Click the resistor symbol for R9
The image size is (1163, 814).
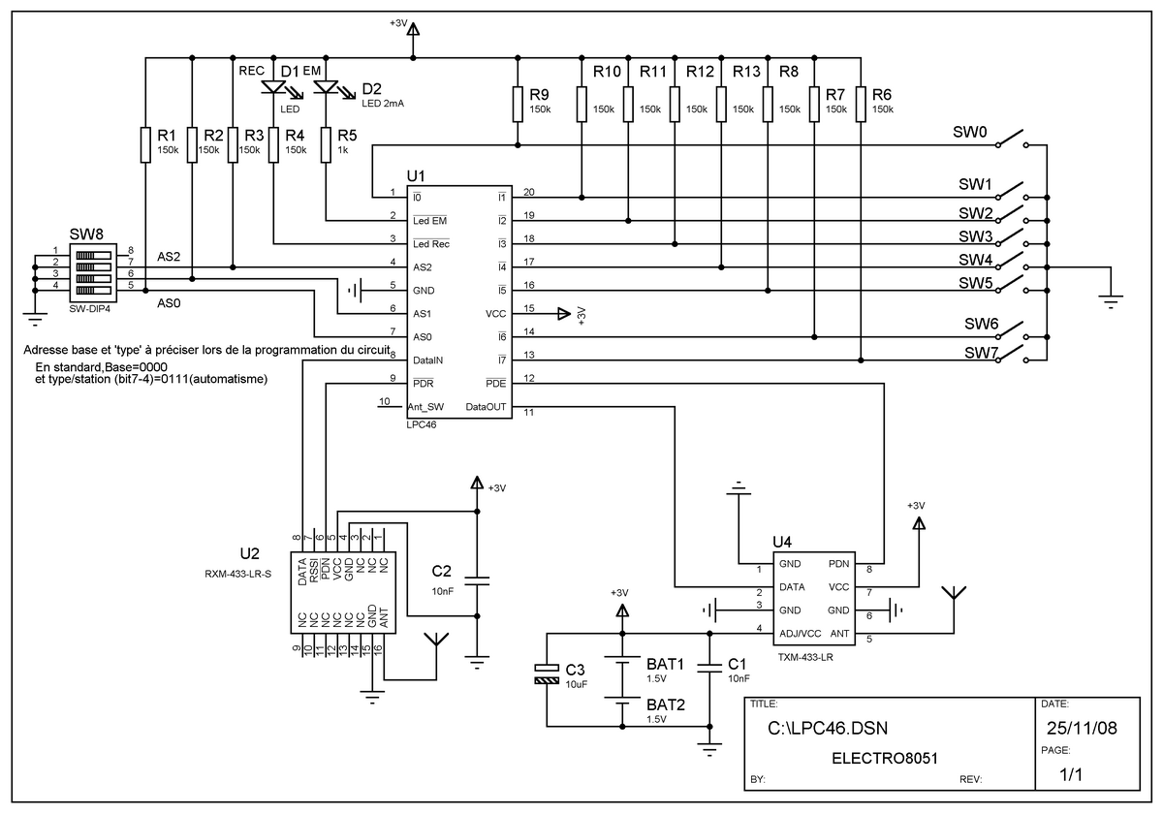[x=518, y=105]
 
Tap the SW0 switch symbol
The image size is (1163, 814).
[x=1012, y=140]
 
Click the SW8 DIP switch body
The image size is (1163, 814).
[x=93, y=272]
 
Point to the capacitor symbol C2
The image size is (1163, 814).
[x=477, y=580]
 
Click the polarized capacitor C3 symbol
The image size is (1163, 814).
[x=547, y=673]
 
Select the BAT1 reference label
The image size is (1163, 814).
[x=665, y=664]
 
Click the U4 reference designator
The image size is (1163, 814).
[x=782, y=543]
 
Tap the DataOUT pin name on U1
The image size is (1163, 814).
[x=486, y=407]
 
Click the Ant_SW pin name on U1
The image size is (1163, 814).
[x=425, y=407]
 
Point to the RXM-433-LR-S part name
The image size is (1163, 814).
[x=237, y=574]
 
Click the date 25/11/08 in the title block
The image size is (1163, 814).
[x=1082, y=729]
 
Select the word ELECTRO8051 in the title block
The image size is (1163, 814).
[x=885, y=759]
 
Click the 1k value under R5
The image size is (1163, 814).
[x=343, y=150]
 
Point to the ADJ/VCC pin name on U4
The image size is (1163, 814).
[x=801, y=634]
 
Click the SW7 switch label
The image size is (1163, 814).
[x=981, y=353]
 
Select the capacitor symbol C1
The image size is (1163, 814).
[x=709, y=668]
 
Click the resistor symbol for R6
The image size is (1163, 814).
[x=861, y=105]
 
